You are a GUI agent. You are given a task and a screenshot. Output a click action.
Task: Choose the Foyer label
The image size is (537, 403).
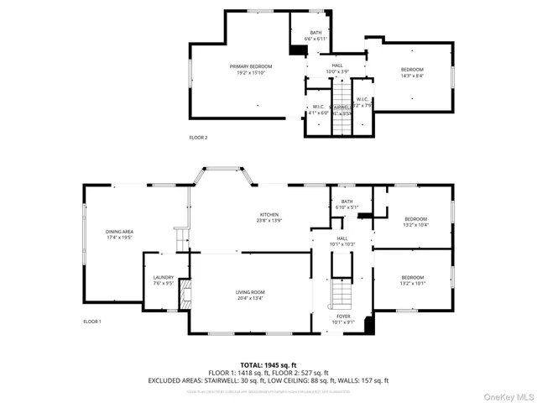click(344, 318)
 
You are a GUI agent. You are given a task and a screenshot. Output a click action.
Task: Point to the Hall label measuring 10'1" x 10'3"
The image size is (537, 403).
click(342, 241)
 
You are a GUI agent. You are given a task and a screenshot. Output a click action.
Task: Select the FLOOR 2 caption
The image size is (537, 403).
click(198, 137)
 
